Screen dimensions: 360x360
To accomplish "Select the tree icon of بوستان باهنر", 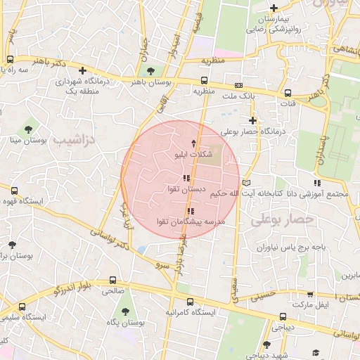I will (150, 71).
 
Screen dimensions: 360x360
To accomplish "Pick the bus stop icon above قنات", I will (288, 92).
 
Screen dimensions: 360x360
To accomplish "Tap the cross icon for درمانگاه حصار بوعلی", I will (252, 120).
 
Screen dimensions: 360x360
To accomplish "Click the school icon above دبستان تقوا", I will (185, 179).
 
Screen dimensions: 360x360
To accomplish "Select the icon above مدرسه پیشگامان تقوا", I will (190, 211).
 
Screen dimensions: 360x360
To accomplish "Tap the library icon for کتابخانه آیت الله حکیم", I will (245, 183).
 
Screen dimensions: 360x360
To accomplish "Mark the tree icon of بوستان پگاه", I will (126, 311).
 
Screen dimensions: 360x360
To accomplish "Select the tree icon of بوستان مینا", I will (28, 129).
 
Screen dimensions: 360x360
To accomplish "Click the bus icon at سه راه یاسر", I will (11, 59).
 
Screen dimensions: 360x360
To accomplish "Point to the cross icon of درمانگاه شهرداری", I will (84, 70).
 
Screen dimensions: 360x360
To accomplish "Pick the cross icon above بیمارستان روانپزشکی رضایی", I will (274, 8).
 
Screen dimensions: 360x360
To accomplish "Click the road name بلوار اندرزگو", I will (59, 286).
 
